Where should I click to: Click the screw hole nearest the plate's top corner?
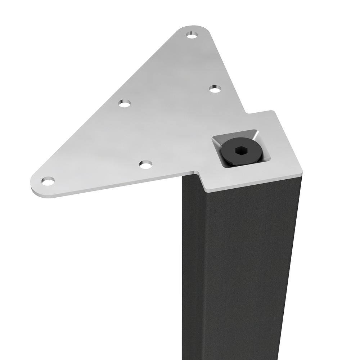click(192, 35)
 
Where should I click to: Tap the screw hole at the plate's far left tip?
click(48, 180)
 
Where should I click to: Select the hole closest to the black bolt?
click(215, 88)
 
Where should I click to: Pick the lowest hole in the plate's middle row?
click(146, 165)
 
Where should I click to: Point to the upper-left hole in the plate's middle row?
click(125, 103)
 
